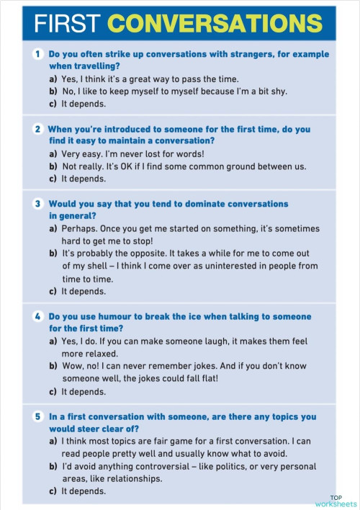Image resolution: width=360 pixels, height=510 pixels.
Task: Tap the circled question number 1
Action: coord(37,54)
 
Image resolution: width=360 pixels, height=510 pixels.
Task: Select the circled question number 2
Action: coord(37,130)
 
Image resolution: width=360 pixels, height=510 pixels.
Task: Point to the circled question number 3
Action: coord(37,205)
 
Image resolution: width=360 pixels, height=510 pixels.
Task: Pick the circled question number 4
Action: coord(37,317)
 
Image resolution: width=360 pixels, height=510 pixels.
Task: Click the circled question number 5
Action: coord(37,416)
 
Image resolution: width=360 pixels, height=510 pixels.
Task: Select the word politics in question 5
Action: coord(235,467)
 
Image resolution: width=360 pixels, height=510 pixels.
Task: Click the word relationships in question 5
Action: coord(133,478)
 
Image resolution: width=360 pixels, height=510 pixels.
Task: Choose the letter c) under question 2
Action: coord(53,179)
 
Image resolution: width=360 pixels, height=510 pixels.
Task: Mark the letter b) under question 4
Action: coord(53,367)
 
